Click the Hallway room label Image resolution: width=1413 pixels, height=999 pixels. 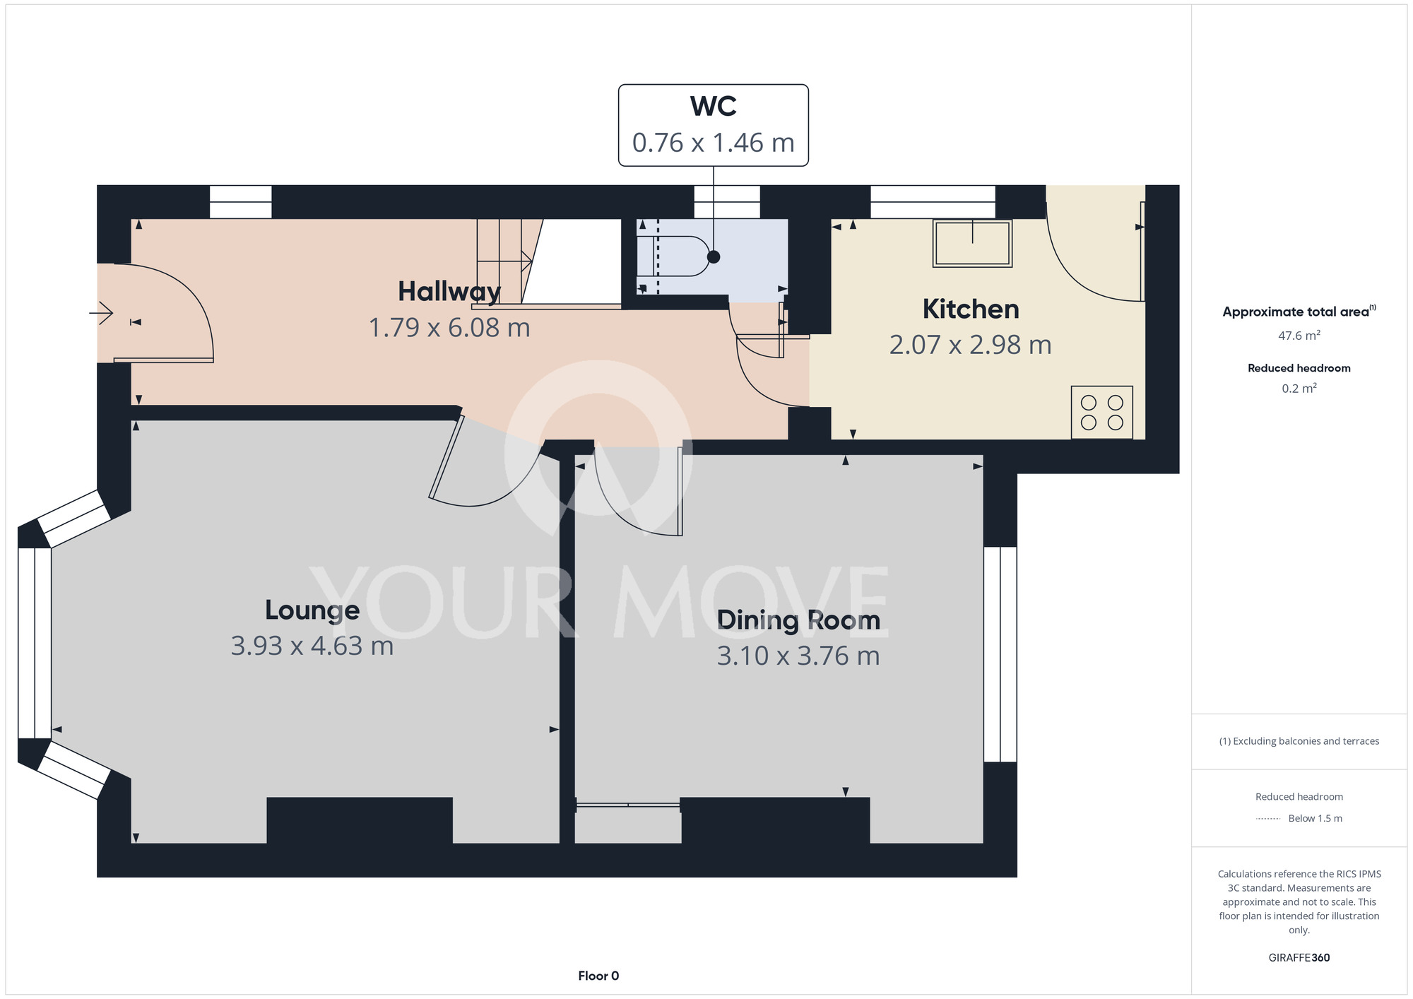(449, 291)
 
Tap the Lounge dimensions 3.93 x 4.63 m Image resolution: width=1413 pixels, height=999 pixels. (312, 646)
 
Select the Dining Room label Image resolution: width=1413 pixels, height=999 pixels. (798, 620)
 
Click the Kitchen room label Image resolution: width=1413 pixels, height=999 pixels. (971, 309)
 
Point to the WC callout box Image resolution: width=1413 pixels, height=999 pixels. (714, 125)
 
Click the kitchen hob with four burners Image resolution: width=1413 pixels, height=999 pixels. (1102, 413)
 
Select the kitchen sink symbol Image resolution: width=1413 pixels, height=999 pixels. (973, 243)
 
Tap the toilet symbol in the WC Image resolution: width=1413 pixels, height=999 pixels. (673, 256)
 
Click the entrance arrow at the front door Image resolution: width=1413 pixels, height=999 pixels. (102, 312)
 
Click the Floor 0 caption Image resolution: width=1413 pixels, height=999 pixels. (598, 976)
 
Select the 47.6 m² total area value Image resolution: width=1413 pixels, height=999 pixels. (1299, 336)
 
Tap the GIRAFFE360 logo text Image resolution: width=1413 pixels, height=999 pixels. (1299, 958)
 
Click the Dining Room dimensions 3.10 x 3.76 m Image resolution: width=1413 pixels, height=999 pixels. (798, 656)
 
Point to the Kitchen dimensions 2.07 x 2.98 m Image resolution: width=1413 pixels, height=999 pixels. (971, 345)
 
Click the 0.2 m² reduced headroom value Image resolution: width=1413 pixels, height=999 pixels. (1299, 389)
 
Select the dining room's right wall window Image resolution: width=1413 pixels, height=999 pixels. (1000, 654)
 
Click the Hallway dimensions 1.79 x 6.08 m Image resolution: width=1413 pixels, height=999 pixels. (449, 328)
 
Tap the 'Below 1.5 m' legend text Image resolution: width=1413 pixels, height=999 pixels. (1315, 819)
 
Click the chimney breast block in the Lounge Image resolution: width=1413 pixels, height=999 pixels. (360, 820)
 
